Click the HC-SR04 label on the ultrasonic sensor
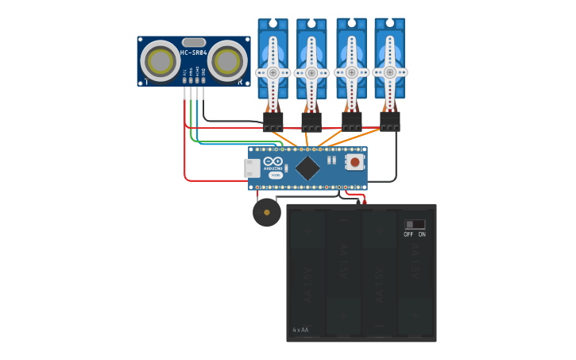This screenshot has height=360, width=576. point(193,53)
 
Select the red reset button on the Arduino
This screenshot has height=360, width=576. point(354,163)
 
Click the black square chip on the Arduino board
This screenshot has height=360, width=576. point(307,168)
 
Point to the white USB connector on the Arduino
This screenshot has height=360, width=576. point(252,168)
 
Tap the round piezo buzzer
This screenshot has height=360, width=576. point(267,212)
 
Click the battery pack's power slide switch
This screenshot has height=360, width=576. point(415,225)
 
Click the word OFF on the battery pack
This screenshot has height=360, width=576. point(408,234)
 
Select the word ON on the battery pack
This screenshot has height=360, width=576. point(422,234)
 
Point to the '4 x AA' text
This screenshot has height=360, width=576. point(300,330)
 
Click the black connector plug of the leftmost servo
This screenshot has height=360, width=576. point(273,122)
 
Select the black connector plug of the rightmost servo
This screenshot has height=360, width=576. point(390,122)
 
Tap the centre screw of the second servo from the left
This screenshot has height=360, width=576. point(311,73)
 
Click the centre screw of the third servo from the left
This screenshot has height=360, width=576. point(351,72)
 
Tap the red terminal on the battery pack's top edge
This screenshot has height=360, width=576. point(365,202)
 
